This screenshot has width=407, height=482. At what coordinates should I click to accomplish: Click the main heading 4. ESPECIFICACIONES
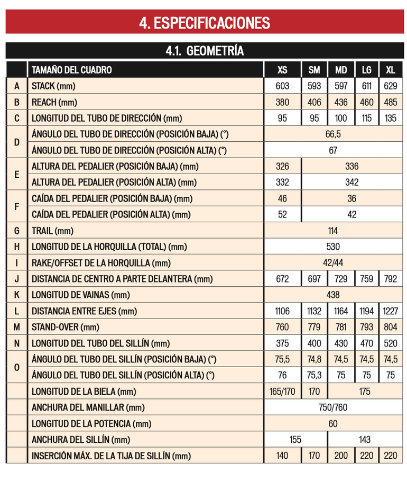203,22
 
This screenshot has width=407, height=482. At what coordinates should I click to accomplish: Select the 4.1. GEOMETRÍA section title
203,51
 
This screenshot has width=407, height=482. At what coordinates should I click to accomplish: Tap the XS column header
283,70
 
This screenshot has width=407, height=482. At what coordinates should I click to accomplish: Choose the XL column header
391,70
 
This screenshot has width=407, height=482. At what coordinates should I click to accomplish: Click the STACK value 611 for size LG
367,86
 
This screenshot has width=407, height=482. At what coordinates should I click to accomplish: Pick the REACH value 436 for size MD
341,102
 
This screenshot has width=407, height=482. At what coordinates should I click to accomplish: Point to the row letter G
16,230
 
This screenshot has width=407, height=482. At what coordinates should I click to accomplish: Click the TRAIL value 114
332,230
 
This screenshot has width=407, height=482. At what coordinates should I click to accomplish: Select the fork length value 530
332,247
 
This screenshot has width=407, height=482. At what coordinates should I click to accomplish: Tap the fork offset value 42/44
332,262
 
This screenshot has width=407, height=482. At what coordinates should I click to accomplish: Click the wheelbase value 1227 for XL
391,311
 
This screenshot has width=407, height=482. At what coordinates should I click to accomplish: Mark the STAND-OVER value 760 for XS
283,327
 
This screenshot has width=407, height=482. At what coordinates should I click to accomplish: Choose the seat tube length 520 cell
391,343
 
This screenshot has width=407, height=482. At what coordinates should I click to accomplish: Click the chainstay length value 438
332,295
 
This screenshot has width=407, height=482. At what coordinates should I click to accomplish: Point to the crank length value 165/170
283,392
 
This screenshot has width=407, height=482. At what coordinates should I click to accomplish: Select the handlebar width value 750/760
332,407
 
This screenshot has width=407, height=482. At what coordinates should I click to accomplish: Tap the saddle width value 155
295,439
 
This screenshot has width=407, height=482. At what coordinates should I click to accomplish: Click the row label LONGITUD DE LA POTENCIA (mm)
91,423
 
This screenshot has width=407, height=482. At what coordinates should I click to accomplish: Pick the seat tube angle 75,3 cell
314,375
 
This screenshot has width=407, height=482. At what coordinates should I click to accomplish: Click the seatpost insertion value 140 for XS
283,456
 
